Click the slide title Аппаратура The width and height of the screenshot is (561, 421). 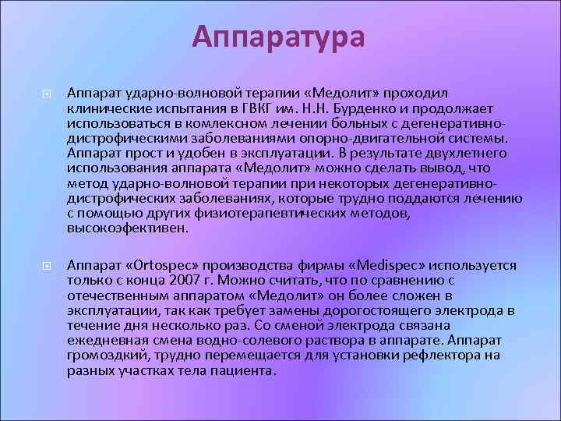(x=279, y=37)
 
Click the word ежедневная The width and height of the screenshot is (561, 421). (x=106, y=341)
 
